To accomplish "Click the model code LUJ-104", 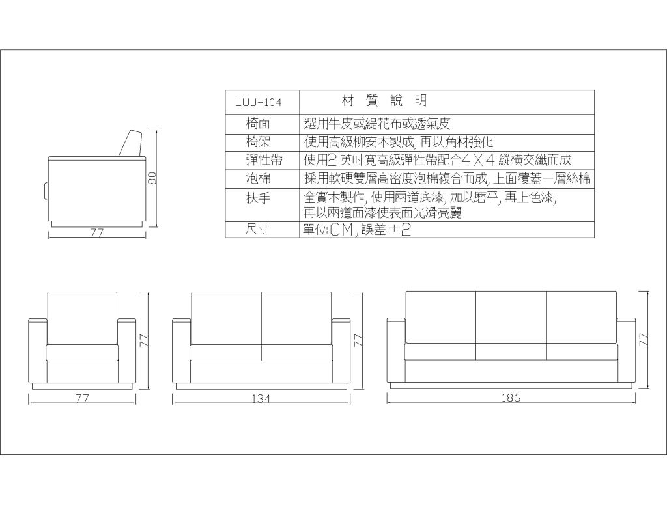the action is (x=258, y=103).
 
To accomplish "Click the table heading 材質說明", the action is (x=384, y=101).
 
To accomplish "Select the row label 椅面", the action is (x=258, y=124).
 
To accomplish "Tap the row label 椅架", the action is (x=258, y=142).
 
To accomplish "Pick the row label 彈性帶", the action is (x=264, y=160).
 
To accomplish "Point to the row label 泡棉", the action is (x=258, y=178).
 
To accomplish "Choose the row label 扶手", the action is (x=258, y=198).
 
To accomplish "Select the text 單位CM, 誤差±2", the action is (x=358, y=230).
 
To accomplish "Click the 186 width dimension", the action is (x=511, y=398).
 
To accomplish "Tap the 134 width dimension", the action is (x=261, y=398).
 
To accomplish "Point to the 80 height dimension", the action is (x=152, y=178).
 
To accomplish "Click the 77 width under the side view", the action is (x=97, y=233).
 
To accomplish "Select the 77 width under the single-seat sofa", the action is (x=82, y=398).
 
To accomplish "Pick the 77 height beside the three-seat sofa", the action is (x=645, y=340).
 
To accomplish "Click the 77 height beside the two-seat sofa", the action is (x=359, y=340).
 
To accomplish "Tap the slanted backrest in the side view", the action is (x=130, y=144).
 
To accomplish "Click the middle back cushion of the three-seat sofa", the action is (x=511, y=317).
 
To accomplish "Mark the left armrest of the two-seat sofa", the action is (x=182, y=351).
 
